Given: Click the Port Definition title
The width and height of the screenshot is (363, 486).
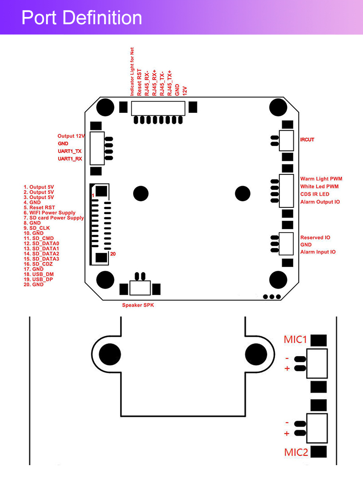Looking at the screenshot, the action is pos(82,17).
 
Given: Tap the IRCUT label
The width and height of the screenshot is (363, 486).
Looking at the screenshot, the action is pos(307,140).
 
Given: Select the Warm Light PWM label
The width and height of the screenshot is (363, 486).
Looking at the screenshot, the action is pos(321,179).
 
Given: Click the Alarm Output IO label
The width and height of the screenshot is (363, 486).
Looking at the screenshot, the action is pos(320,202).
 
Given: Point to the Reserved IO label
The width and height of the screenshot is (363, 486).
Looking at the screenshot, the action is pos(315,237).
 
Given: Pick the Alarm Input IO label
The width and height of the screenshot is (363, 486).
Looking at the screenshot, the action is pos(318,252).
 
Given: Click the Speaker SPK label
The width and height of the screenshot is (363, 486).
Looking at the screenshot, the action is pos(138,305).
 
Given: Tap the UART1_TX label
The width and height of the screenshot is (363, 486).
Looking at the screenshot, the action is pos(70,151).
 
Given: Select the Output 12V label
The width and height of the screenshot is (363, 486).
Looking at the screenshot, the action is pos(71,136).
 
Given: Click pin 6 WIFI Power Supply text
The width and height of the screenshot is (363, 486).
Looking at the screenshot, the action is pos(49,213).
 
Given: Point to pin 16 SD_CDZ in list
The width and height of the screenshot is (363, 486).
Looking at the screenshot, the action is pos(38,264).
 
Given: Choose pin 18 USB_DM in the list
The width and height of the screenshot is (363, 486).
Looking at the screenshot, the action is pos(39,274).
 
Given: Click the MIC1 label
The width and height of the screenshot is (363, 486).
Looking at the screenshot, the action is pos(295,339).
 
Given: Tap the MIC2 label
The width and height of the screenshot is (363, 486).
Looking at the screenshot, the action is pos(296,453).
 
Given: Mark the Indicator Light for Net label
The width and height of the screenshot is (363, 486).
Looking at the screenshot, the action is pos(132,72).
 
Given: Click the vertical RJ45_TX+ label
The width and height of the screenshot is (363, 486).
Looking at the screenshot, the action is pos(169,83).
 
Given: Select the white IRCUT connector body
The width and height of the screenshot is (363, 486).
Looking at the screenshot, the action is pos(287,141).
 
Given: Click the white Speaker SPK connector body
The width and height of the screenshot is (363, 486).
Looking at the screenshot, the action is pos(140,288).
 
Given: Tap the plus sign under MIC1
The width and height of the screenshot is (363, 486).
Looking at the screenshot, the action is pos(287,368).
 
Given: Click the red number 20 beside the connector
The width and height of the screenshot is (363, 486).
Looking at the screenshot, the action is pos(113,254).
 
